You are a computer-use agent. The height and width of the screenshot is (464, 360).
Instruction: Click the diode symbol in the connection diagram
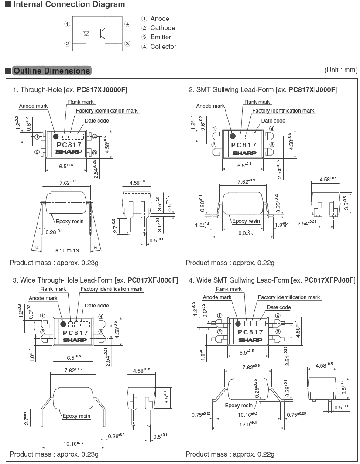point(86,33)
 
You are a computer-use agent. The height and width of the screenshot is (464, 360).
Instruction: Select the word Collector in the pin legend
point(163,47)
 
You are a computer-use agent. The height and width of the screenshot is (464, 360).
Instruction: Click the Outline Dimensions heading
point(51,71)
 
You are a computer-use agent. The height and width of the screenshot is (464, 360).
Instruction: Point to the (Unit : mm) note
point(340,70)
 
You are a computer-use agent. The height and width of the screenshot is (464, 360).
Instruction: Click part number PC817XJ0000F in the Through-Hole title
point(102,90)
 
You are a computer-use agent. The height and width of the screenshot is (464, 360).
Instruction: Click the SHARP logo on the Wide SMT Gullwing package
point(250,339)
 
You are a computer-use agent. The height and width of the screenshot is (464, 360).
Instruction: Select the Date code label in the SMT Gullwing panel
point(273,121)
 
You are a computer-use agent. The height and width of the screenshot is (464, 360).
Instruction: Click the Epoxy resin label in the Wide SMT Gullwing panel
point(239,406)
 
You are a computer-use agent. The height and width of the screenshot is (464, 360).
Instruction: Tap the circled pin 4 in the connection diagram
point(127,24)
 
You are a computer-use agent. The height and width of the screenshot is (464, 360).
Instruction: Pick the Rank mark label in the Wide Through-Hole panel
point(53,289)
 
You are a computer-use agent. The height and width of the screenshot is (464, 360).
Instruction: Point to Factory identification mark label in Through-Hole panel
point(107,111)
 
